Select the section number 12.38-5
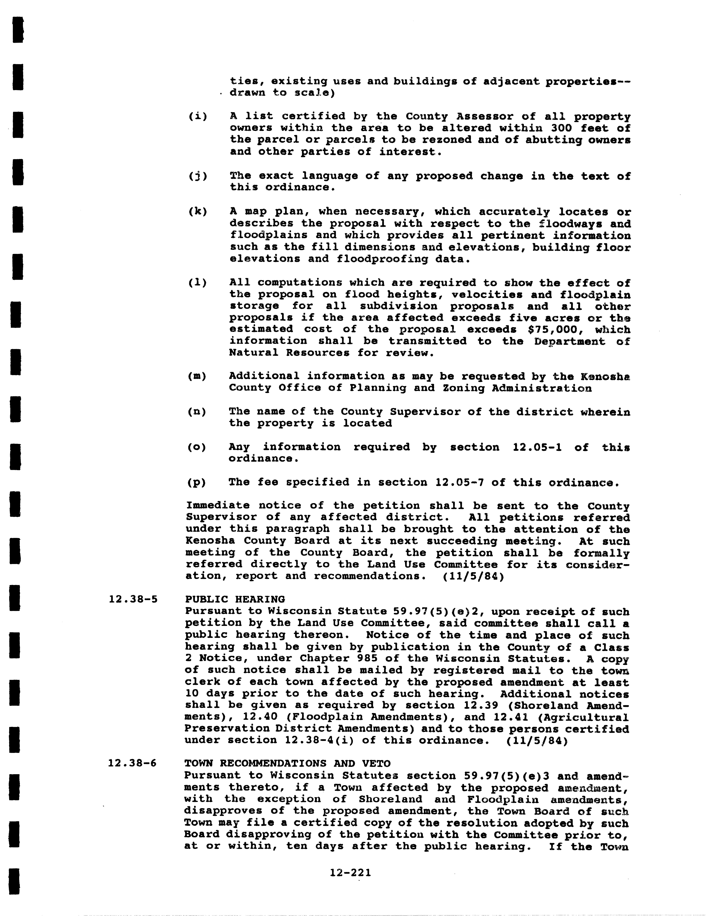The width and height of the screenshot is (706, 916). [133, 599]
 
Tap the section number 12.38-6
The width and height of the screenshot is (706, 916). [132, 763]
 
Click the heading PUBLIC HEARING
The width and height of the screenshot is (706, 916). [235, 599]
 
